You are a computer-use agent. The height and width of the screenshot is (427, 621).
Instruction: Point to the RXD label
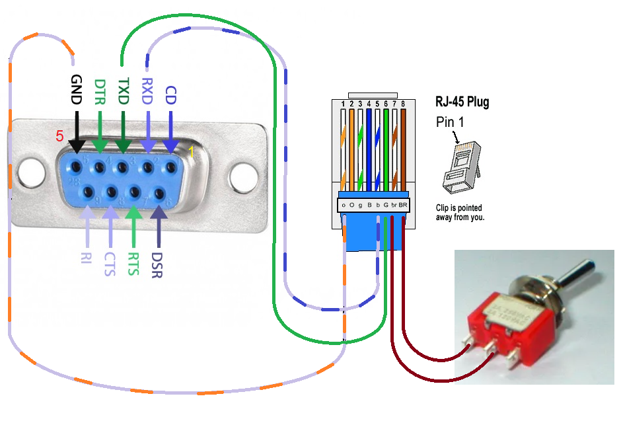pos(147,91)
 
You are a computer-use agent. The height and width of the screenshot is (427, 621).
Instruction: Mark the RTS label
pos(133,262)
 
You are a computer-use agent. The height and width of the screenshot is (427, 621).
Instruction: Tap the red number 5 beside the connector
pos(59,136)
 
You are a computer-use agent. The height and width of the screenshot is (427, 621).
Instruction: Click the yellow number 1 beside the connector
pos(192,151)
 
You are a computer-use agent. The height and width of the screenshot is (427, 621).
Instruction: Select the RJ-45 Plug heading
pos(462,102)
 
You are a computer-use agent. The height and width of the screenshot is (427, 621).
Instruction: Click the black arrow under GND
pos(77,132)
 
